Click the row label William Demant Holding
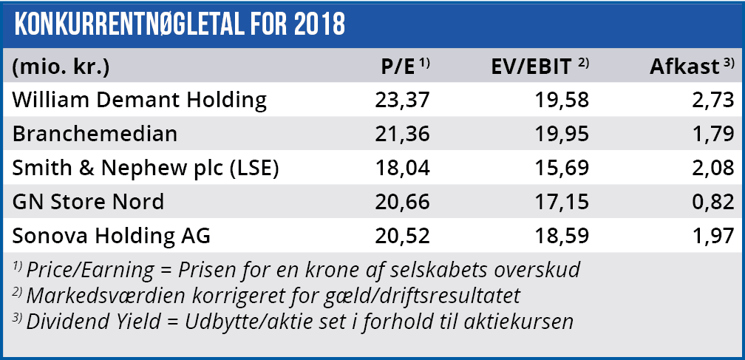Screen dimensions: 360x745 tap(140, 100)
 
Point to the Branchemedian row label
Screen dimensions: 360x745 tap(94, 135)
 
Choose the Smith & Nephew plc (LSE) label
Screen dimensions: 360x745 tap(146, 169)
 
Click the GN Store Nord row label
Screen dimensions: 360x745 tap(88, 203)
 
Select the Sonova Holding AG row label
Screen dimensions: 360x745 tap(112, 237)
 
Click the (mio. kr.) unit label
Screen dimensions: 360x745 tap(61, 67)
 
